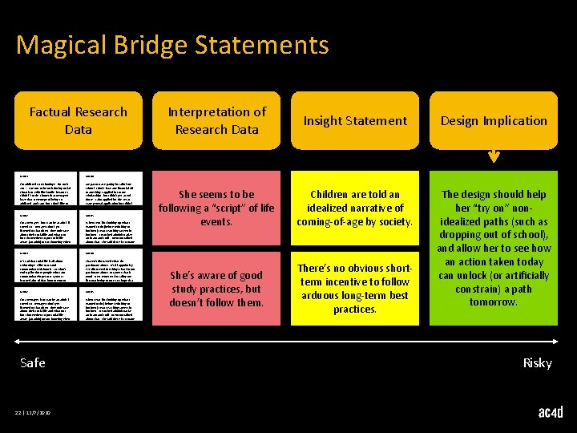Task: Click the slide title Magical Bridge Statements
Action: (172, 44)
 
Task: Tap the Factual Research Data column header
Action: (79, 120)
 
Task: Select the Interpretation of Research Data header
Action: (216, 120)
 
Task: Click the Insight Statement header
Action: (354, 120)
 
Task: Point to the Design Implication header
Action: (494, 120)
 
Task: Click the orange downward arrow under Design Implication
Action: (493, 157)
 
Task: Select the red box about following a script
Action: (216, 208)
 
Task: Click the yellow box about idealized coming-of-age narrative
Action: (354, 208)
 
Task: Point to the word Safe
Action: (33, 362)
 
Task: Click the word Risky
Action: (537, 362)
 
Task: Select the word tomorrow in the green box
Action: (494, 301)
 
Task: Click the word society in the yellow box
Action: (393, 221)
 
